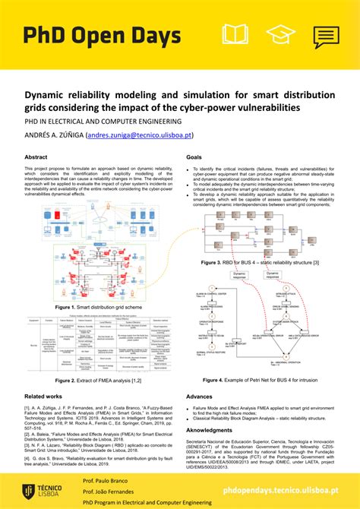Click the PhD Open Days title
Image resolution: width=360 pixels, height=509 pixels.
coord(103,36)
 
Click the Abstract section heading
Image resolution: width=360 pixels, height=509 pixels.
coord(36,157)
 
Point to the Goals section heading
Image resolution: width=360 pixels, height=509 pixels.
coord(194,157)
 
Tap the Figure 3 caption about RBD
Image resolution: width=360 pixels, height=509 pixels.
coord(260,262)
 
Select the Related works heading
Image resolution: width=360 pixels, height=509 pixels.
coord(44,397)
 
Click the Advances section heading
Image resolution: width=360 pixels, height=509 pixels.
coord(199,397)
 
